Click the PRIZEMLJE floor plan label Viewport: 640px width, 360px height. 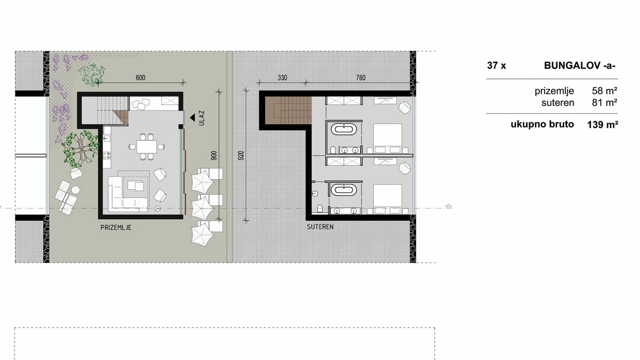(x=116, y=227)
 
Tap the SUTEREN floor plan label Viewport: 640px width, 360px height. (x=320, y=227)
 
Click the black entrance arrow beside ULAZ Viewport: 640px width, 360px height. (x=193, y=117)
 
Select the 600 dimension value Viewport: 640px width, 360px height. (x=140, y=78)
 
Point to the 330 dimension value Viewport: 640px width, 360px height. (x=282, y=78)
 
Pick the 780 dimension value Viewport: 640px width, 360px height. (x=361, y=78)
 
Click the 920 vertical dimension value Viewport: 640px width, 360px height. (x=241, y=155)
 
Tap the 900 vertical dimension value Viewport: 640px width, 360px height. (x=214, y=155)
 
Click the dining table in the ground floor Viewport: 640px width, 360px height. (x=147, y=147)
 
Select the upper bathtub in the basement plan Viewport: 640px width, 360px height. (x=344, y=129)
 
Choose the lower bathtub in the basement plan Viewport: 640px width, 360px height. (x=344, y=190)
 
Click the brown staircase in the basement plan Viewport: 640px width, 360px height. (x=289, y=110)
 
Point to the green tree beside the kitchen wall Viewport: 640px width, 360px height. (x=81, y=148)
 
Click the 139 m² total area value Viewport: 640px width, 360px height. (x=603, y=125)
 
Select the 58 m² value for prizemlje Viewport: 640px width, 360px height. (x=604, y=91)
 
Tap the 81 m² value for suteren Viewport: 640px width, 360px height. (x=604, y=102)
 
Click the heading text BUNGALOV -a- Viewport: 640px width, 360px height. (x=579, y=66)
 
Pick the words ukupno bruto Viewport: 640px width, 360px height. (x=542, y=124)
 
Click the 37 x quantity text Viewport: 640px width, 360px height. (x=497, y=66)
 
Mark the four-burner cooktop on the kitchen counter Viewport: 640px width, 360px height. (x=107, y=155)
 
